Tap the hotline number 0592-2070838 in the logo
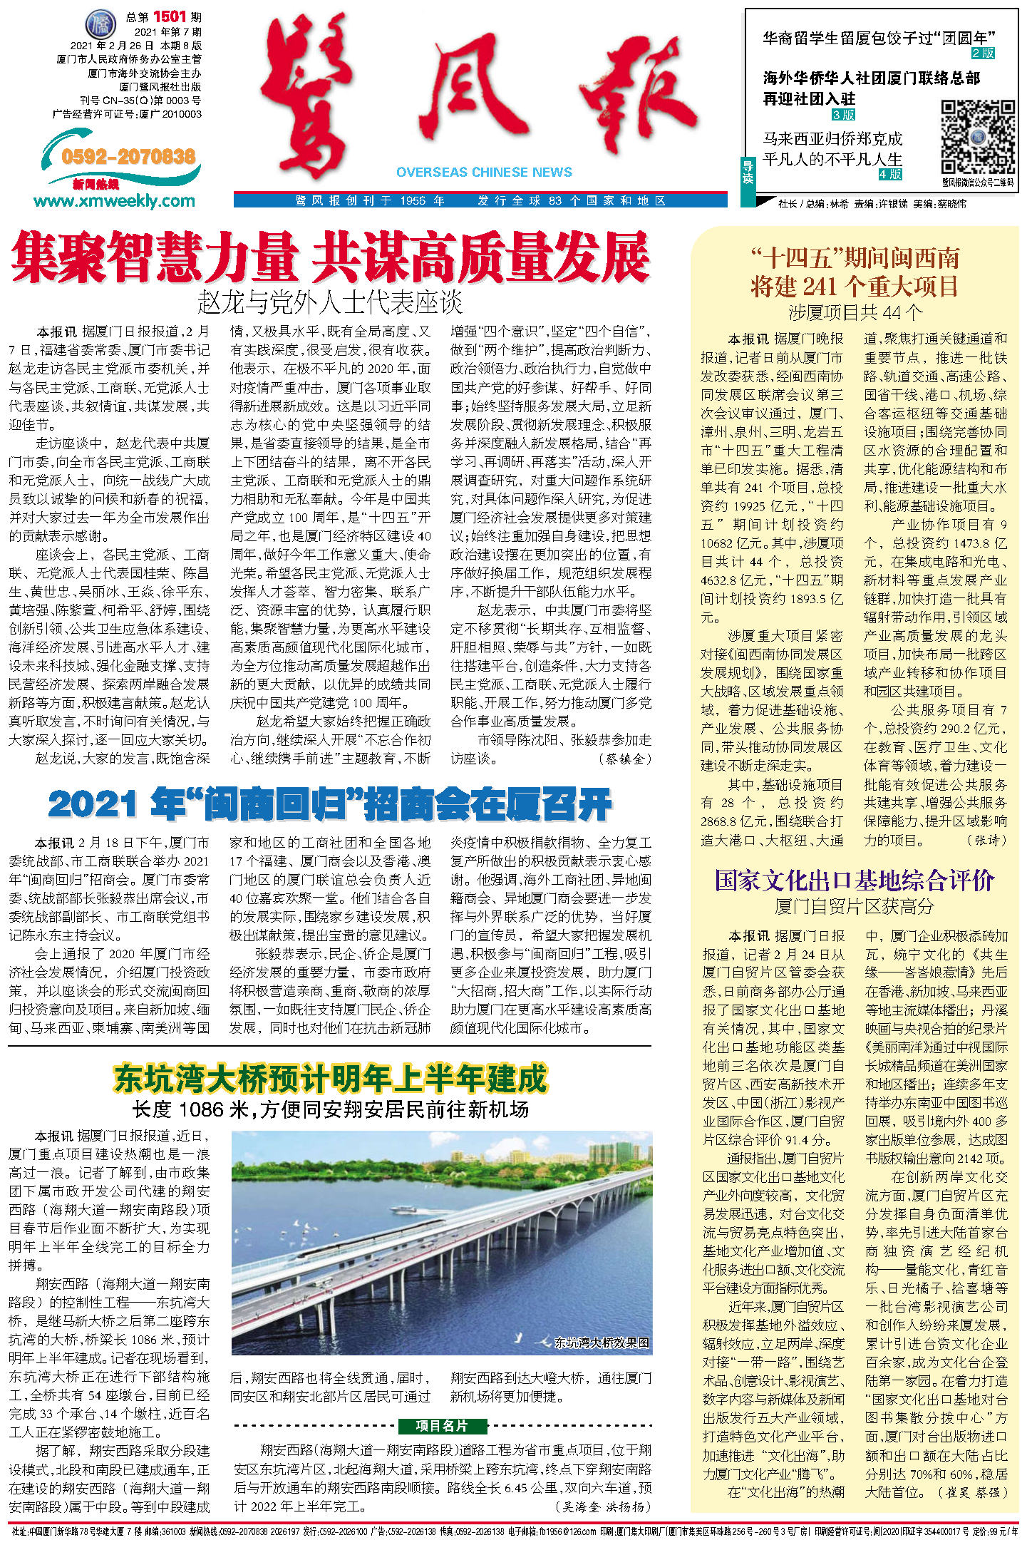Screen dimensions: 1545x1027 point(128,157)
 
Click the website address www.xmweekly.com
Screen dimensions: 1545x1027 point(114,201)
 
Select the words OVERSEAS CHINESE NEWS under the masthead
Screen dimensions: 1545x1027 point(484,172)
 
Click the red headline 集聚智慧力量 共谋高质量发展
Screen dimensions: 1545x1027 point(330,258)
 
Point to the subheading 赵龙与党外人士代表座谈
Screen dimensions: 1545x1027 point(330,303)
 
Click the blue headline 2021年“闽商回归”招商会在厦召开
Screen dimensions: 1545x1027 point(330,805)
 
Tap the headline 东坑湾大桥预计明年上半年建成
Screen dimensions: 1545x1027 point(330,1078)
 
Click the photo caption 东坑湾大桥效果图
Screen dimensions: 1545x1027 point(602,1343)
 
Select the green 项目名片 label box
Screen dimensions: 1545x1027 point(442,1425)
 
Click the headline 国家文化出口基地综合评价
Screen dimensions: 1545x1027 point(854,881)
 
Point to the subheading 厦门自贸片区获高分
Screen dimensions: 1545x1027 point(854,906)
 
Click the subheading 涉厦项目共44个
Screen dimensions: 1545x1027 point(854,312)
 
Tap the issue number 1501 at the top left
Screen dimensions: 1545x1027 point(169,16)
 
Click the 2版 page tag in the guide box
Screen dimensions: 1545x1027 point(983,53)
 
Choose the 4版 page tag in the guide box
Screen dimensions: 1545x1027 point(890,174)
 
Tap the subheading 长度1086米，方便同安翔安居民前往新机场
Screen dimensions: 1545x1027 point(330,1109)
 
